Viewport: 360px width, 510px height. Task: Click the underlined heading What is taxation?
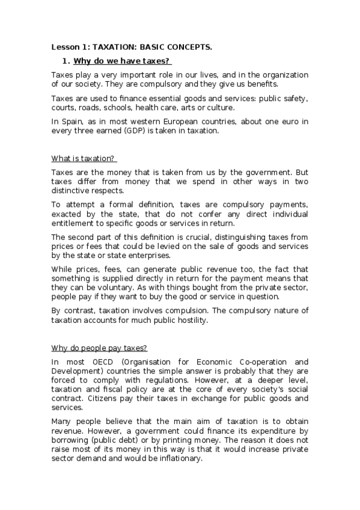pyautogui.click(x=84, y=159)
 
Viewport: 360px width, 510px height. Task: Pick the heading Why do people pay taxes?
pyautogui.click(x=99, y=348)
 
